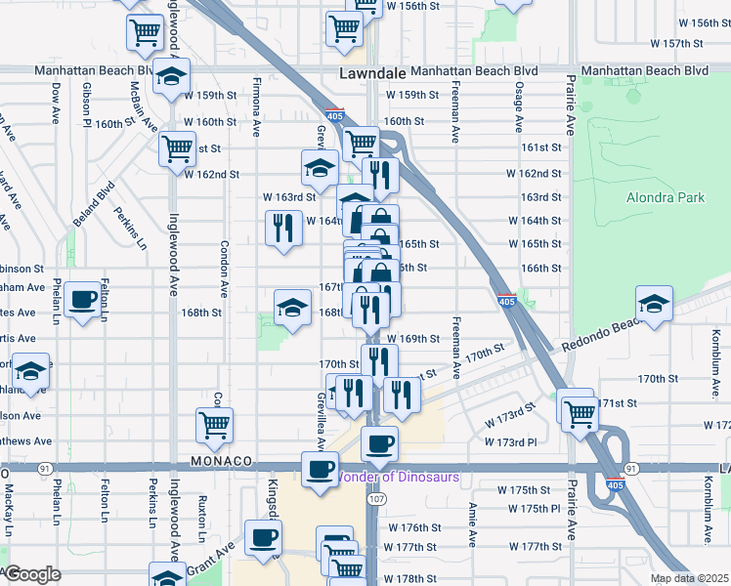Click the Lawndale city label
(x=371, y=73)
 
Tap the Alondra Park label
(x=666, y=197)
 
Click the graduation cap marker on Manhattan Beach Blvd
(x=172, y=77)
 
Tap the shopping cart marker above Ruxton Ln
(x=215, y=425)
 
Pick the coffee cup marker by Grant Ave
(x=262, y=537)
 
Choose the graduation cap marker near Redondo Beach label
(x=654, y=304)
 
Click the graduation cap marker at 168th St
(x=291, y=309)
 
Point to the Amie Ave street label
(x=472, y=523)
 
